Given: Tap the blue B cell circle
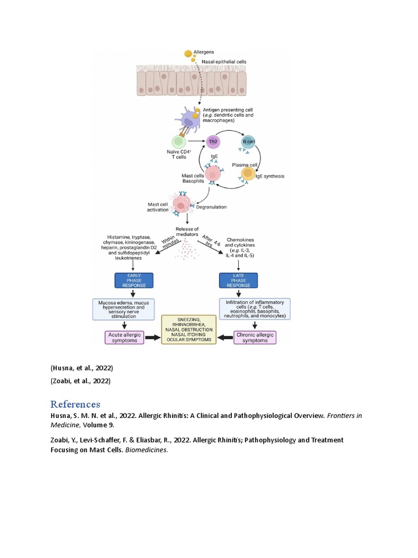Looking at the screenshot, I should [x=248, y=143].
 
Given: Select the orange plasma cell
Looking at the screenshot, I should [x=248, y=173].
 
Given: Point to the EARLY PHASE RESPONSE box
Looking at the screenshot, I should [x=134, y=280].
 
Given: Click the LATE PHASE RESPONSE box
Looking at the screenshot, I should [x=238, y=280].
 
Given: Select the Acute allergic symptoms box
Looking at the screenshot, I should [x=124, y=338].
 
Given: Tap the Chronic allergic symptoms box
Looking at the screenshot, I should [x=255, y=337].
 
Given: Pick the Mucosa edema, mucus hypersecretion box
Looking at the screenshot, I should [x=134, y=308].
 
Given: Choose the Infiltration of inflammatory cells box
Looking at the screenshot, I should [x=254, y=308].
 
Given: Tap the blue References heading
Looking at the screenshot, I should [x=75, y=404].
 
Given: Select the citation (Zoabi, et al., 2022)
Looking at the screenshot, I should [x=81, y=381].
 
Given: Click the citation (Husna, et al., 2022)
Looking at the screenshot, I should [x=81, y=368].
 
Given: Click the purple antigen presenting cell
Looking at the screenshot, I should [x=186, y=117].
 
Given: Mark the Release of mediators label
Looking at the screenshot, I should [x=188, y=232].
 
